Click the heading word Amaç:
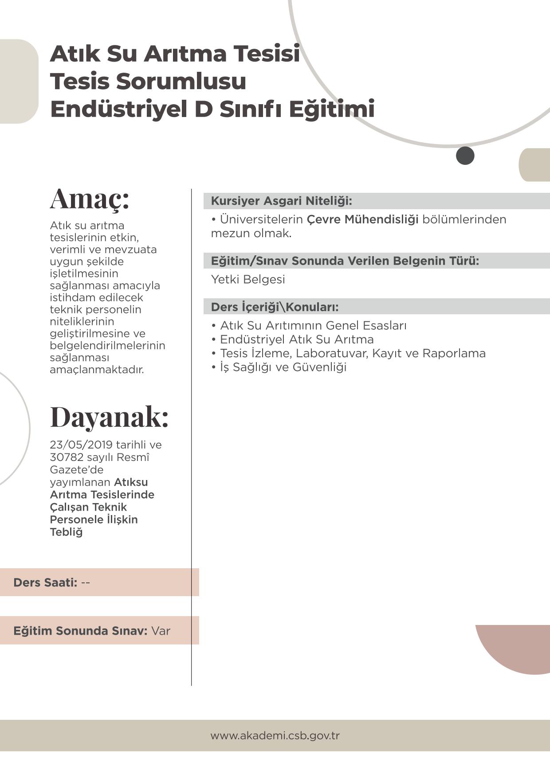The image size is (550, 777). point(89,199)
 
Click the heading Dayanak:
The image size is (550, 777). point(109,417)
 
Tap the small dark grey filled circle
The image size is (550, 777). point(465,156)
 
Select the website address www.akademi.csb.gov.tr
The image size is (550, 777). point(275,735)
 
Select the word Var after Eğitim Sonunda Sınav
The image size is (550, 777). point(161,631)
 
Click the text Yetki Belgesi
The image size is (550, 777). point(248,279)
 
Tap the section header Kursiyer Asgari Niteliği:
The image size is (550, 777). point(281,201)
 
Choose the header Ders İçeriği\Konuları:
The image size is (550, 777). point(275,307)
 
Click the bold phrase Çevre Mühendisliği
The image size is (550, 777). point(362,219)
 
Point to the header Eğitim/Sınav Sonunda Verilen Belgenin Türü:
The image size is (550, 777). point(345,261)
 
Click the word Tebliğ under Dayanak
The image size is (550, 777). point(66,532)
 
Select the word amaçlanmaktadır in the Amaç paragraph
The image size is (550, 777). point(97,369)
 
